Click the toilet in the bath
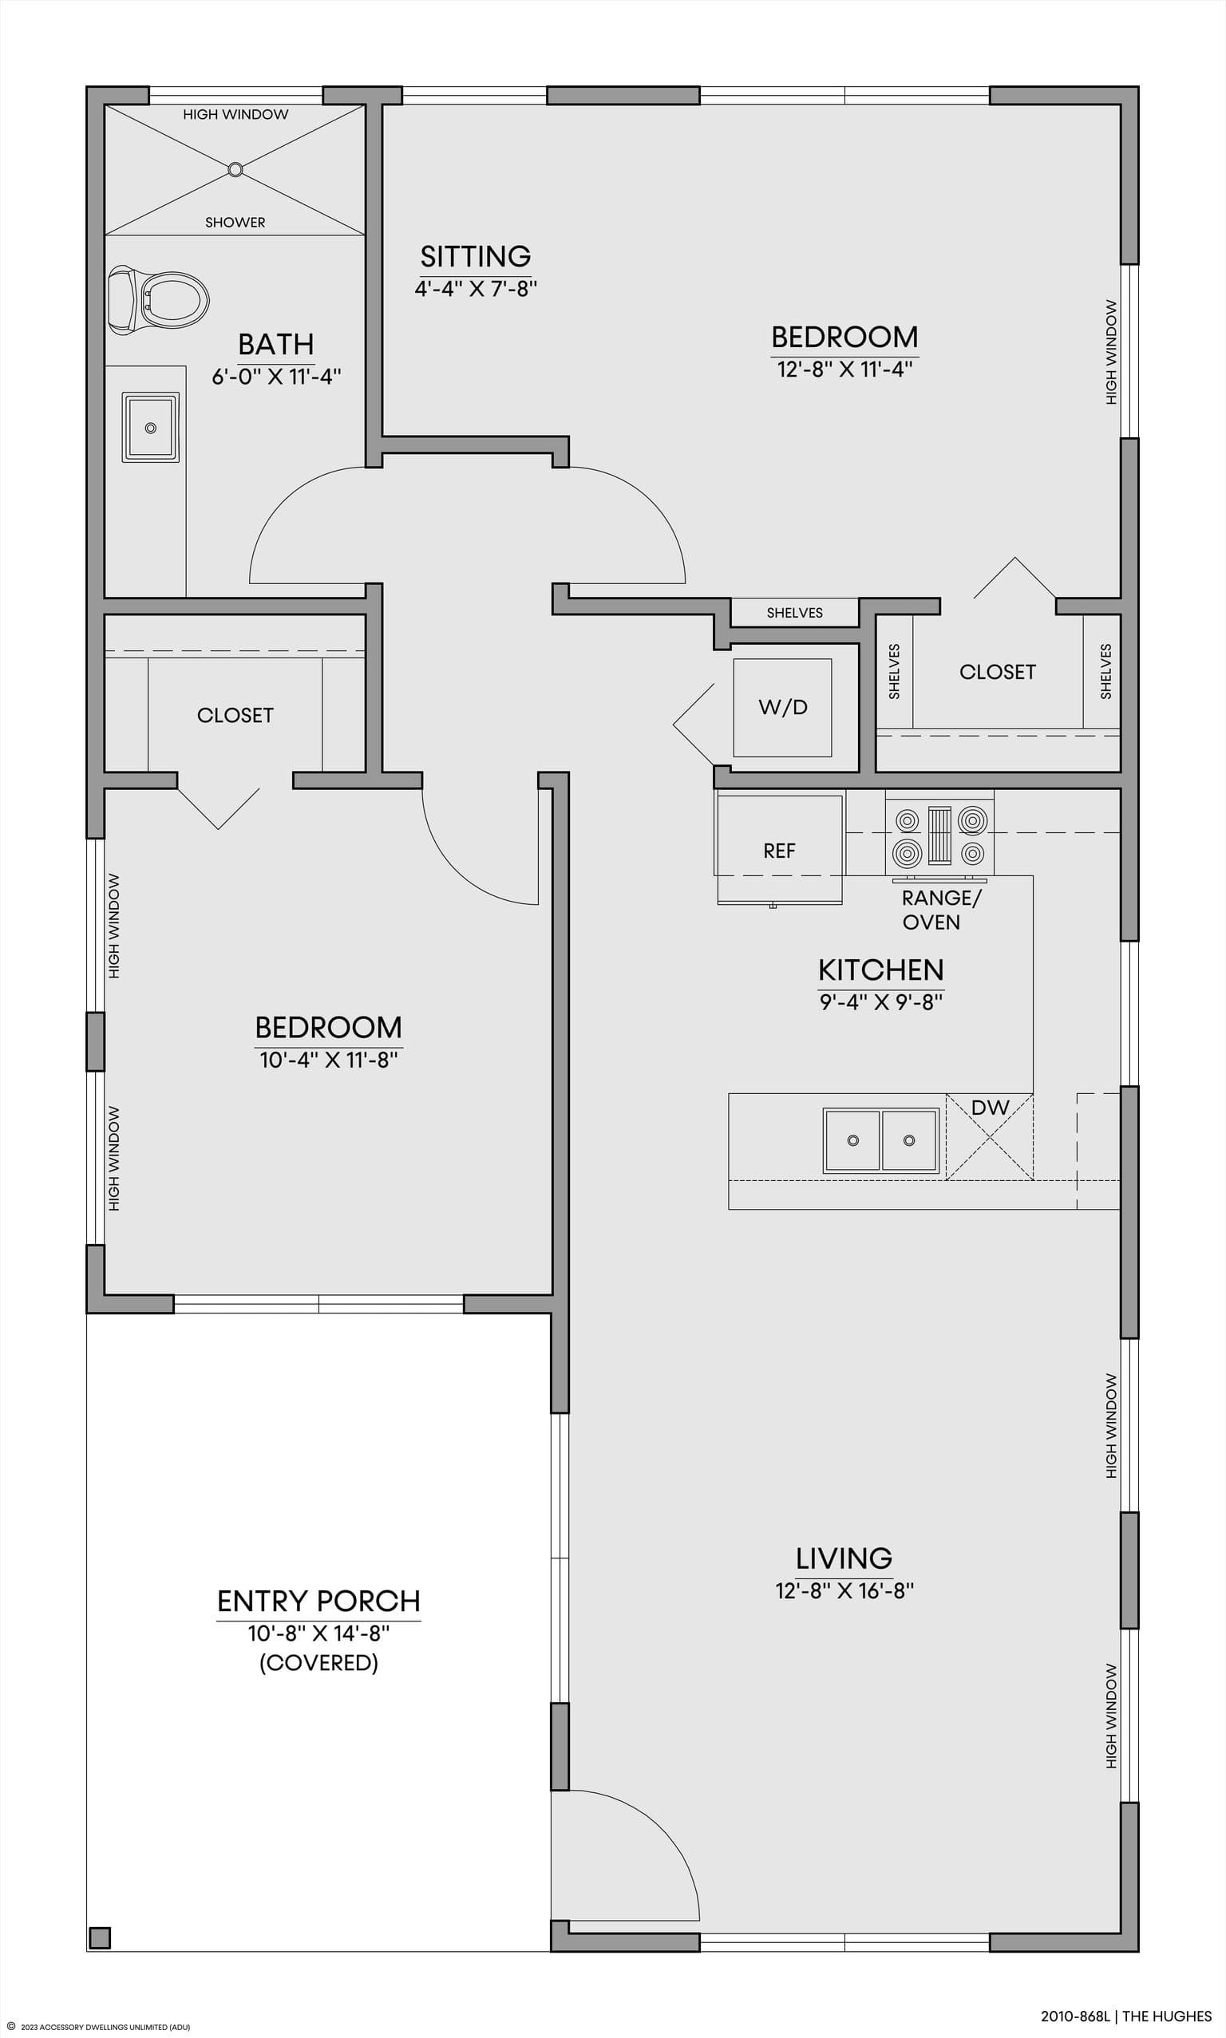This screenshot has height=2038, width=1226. pos(158,299)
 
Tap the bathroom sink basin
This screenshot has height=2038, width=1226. pos(150,428)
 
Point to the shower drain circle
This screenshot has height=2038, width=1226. pos(235,169)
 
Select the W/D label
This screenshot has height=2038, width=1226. pos(783,707)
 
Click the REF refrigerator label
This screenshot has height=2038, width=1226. pos(779,851)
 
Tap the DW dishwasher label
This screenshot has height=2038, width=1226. pos(990,1108)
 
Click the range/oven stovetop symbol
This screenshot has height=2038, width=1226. pos(939,835)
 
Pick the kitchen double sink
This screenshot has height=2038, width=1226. pos(881,1140)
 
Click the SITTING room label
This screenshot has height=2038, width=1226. pos(476,256)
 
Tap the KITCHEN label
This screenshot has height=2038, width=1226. pos(880,970)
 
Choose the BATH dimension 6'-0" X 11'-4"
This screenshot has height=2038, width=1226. pos(276,377)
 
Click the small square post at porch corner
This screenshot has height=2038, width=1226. pos(100,1938)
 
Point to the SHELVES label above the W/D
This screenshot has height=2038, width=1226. pos(795,613)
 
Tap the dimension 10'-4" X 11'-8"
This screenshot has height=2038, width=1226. pos(329,1060)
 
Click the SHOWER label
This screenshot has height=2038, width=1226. pos(235,222)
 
